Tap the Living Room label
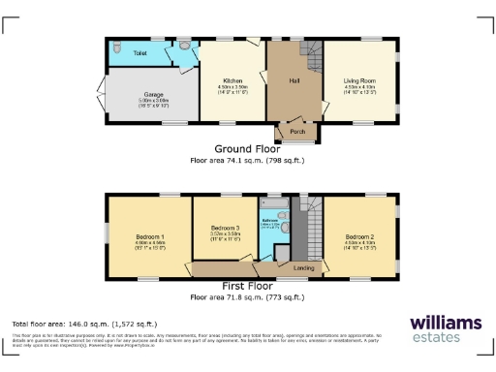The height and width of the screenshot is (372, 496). pos(358,79)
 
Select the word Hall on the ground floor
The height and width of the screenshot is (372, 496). pos(294,79)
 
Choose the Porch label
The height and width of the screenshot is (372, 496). pos(296,133)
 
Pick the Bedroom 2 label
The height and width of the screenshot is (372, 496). pos(358,236)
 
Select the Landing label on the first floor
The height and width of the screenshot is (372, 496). pos(303,267)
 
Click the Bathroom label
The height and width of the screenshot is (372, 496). pos(271,221)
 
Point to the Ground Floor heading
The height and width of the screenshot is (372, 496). pos(247,149)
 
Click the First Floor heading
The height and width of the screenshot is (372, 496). pos(247,288)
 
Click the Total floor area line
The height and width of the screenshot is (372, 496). pos(84,323)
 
